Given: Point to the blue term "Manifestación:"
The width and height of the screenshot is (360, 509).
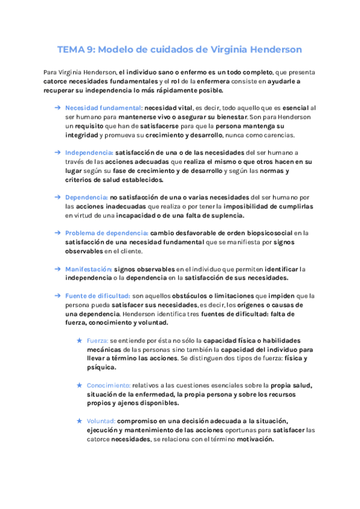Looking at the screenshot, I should point(88,269).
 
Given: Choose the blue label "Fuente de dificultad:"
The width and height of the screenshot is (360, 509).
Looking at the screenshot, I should point(98,296).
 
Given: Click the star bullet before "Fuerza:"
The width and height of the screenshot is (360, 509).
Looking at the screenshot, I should point(79,340).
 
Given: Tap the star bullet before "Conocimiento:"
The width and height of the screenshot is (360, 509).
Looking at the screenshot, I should point(79,385).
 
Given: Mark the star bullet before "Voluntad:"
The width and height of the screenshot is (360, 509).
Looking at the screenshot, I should point(79,421).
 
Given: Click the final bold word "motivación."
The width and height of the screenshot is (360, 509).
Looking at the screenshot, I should point(254,439).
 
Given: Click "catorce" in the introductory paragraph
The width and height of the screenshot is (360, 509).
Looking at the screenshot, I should point(56,81).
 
